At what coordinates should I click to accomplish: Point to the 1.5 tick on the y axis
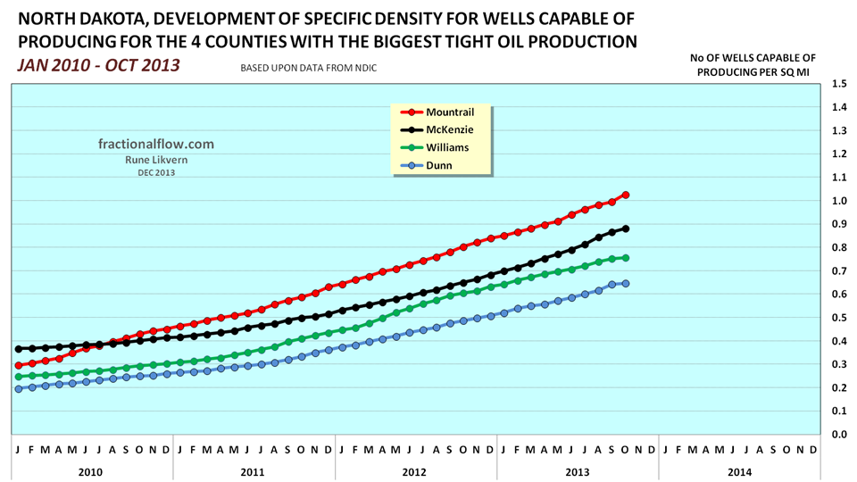pyautogui.click(x=838, y=84)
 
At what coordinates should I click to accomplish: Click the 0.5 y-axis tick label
pyautogui.click(x=838, y=318)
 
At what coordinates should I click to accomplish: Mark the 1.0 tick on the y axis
pyautogui.click(x=838, y=201)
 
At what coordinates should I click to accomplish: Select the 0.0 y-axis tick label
pyautogui.click(x=838, y=435)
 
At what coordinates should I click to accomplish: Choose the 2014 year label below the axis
pyautogui.click(x=739, y=471)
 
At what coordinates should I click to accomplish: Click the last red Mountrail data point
pyautogui.click(x=626, y=195)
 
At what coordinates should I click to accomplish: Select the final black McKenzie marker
pyautogui.click(x=626, y=229)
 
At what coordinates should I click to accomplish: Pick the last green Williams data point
pyautogui.click(x=626, y=258)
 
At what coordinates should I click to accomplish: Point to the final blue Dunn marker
pyautogui.click(x=626, y=284)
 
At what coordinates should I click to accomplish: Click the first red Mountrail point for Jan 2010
pyautogui.click(x=19, y=366)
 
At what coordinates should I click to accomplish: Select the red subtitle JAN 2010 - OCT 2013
pyautogui.click(x=98, y=65)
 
